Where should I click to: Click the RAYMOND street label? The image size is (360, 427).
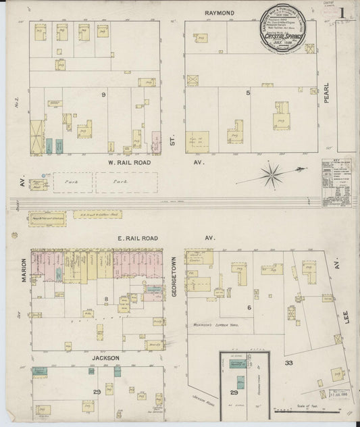(220, 13)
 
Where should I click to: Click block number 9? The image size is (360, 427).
(103, 95)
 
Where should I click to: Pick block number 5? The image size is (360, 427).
(249, 92)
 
